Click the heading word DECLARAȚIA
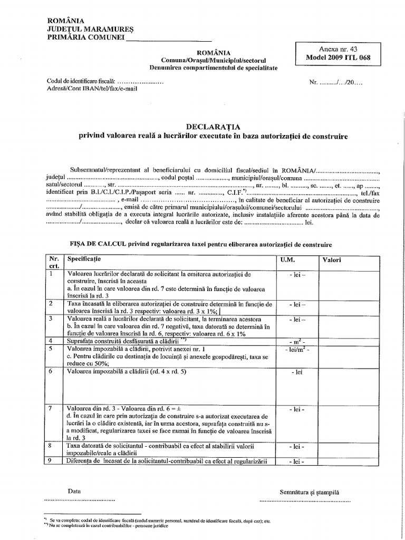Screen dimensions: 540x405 (213, 127)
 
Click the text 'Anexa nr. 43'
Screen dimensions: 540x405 (336, 49)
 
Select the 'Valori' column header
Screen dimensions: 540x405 (332, 261)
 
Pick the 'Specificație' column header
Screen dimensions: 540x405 (84, 260)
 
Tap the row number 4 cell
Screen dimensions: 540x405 (51, 341)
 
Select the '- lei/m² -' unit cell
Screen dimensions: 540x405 (296, 350)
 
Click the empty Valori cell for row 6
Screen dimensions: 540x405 (348, 385)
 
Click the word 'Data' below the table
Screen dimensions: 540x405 (74, 490)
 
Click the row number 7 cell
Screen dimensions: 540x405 (51, 409)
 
